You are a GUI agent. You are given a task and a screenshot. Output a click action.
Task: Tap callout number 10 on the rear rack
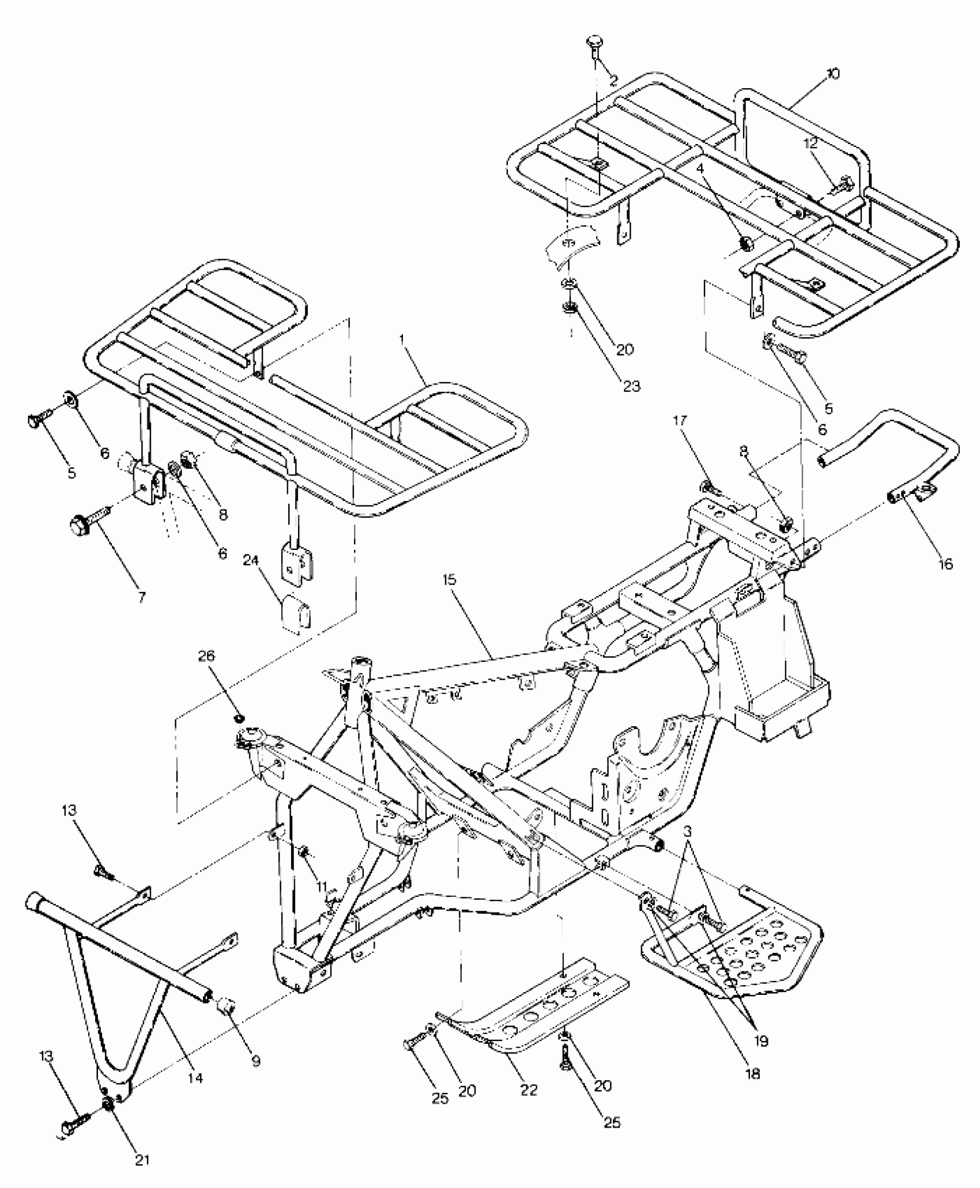coord(832,74)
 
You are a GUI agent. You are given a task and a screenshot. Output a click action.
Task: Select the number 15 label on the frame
coord(450,579)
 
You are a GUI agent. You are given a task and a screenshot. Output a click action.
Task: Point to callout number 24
coord(253,560)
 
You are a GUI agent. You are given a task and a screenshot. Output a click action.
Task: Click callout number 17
coord(680,421)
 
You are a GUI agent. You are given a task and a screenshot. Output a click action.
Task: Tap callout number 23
coord(632,386)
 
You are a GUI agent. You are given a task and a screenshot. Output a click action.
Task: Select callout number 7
coord(141,597)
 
